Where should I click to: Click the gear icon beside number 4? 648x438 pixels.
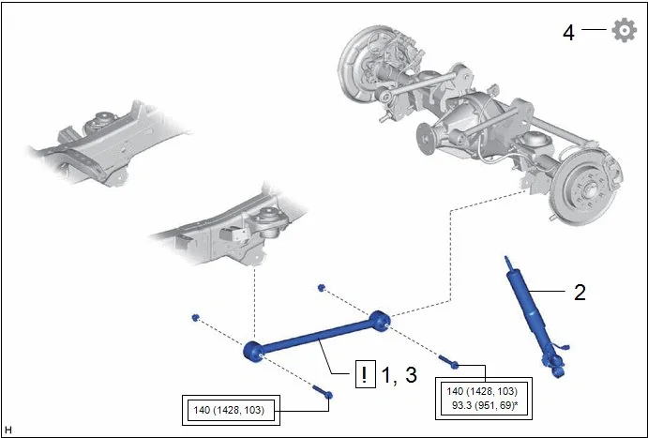(x=624, y=30)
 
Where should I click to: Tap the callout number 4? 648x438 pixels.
(x=568, y=33)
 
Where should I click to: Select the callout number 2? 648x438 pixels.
(x=580, y=293)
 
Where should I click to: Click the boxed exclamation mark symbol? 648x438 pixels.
(x=366, y=374)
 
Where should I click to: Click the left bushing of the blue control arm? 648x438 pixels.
(x=253, y=352)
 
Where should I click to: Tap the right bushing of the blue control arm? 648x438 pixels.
(x=380, y=321)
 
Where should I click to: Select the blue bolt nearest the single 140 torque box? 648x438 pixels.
(x=323, y=392)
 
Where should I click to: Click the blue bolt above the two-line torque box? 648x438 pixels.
(x=448, y=362)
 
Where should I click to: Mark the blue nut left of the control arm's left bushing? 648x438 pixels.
(x=195, y=317)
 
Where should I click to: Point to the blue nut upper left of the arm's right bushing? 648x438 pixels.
(x=322, y=288)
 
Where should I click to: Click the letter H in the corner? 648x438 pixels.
(x=8, y=430)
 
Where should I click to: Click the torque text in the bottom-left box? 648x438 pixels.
(x=229, y=410)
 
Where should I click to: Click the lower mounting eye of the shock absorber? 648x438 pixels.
(x=557, y=369)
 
